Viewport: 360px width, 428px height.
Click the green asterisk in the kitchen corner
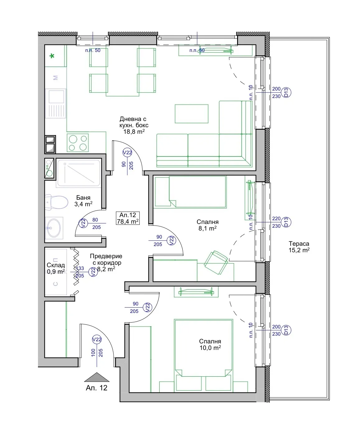point(52,56)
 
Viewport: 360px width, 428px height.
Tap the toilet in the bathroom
point(57,202)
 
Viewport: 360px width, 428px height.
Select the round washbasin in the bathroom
point(54,228)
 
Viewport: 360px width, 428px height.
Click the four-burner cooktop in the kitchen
point(78,143)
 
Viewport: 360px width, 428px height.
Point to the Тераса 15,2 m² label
point(299,247)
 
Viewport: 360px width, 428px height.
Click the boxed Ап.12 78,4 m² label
point(128,218)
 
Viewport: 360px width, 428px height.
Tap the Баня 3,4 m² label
point(83,201)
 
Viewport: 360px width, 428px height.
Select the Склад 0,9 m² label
point(56,268)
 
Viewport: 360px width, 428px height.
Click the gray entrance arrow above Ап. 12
point(97,377)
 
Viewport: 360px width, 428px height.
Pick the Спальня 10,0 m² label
point(210,345)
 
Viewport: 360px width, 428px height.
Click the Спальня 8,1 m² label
point(208,225)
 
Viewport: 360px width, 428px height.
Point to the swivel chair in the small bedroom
point(216,263)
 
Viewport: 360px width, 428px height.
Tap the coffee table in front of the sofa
point(191,114)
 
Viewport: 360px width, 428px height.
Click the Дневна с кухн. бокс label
point(134,122)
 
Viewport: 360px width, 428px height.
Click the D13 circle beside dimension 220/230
point(286,222)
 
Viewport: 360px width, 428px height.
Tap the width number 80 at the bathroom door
point(95,220)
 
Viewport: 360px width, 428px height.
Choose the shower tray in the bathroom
point(79,173)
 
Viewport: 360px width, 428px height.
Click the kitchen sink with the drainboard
point(56,104)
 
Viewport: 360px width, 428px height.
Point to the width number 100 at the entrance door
point(93,352)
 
